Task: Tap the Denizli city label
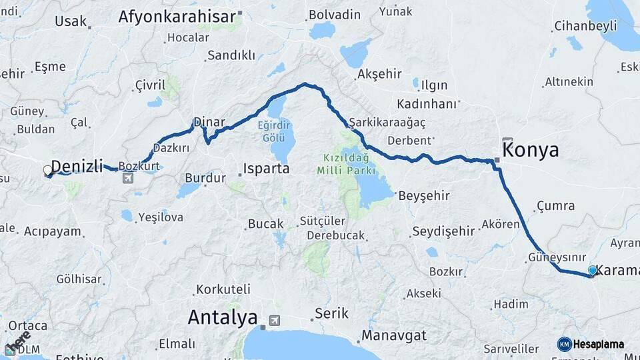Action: click(77, 166)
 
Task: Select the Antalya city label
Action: click(223, 317)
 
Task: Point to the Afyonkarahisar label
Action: click(177, 17)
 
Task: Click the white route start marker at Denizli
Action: click(48, 171)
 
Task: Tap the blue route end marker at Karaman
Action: click(592, 271)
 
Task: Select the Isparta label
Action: click(266, 169)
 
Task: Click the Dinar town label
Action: click(209, 123)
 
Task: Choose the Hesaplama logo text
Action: click(598, 344)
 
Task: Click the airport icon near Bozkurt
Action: click(128, 177)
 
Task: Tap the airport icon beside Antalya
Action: click(275, 321)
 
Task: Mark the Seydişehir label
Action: click(443, 231)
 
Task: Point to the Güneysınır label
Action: click(557, 257)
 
